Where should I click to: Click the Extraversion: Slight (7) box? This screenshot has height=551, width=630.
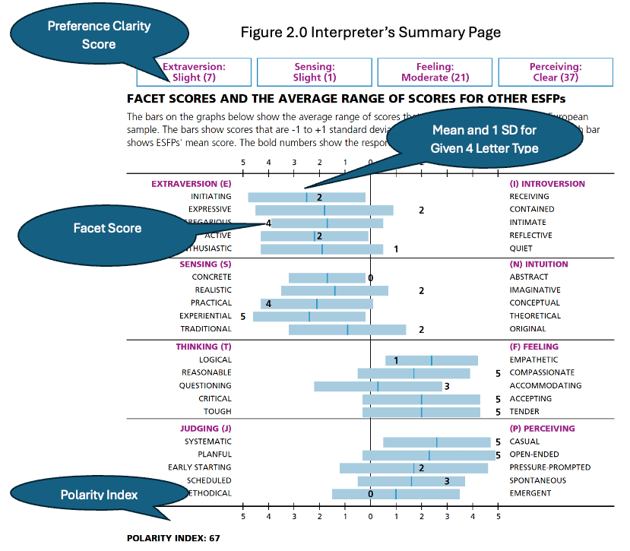(x=194, y=72)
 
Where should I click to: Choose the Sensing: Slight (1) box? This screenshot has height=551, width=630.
(x=314, y=72)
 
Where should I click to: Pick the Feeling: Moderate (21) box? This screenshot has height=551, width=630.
(x=435, y=72)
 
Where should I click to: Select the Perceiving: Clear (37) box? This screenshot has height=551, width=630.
(x=556, y=72)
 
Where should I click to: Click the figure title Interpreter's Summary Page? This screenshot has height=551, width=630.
(x=371, y=33)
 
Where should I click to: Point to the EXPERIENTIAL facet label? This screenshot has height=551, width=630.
(x=205, y=316)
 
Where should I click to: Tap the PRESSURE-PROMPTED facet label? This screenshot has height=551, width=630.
(x=549, y=467)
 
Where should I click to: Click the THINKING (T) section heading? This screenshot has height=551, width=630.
(x=204, y=347)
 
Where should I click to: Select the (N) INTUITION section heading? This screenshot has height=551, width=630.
(x=539, y=264)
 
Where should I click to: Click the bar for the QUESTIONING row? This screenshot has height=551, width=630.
(x=378, y=386)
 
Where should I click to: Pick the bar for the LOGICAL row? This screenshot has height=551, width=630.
(x=431, y=360)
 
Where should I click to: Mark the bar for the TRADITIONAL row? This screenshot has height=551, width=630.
(x=347, y=329)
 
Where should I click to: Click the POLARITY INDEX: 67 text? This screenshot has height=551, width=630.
(x=173, y=538)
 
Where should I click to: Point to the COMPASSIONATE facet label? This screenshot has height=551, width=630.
(x=542, y=373)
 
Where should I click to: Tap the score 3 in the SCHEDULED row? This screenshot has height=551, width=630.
(x=447, y=481)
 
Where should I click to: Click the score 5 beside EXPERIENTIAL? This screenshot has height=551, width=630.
(x=242, y=316)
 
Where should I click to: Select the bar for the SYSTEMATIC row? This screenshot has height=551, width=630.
(x=436, y=442)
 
